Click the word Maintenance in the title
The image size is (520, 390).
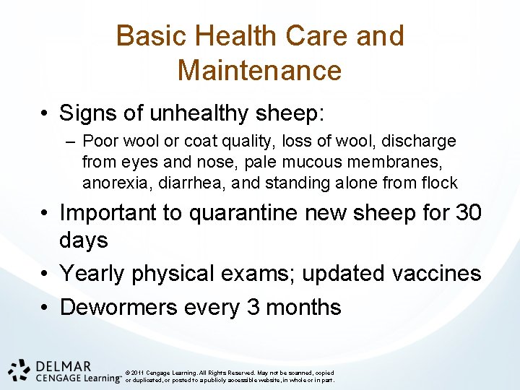point(259,71)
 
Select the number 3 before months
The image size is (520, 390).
point(253,307)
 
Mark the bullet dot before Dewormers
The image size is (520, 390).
point(45,308)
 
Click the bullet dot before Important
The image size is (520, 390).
point(45,214)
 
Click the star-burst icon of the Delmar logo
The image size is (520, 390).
point(19,369)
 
